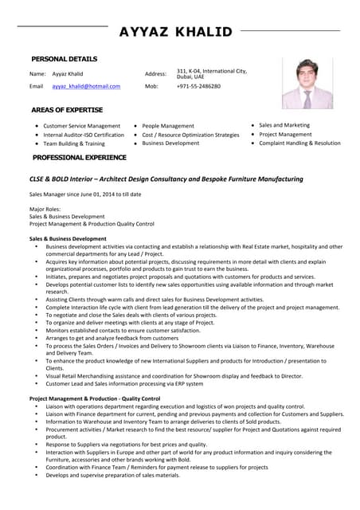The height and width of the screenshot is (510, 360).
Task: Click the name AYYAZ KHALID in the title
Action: pyautogui.click(x=175, y=32)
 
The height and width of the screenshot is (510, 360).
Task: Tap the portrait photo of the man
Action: pyautogui.click(x=307, y=83)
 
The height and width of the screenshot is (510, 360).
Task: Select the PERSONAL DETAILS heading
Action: pyautogui.click(x=64, y=59)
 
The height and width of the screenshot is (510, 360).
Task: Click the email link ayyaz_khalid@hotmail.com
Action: pyautogui.click(x=86, y=86)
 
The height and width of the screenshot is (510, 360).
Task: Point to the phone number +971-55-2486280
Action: pyautogui.click(x=198, y=86)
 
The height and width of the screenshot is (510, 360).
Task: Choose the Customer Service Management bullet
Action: pyautogui.click(x=81, y=126)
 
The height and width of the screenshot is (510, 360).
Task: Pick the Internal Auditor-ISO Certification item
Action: pyautogui.click(x=84, y=135)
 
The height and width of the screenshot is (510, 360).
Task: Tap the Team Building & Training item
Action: pyautogui.click(x=73, y=143)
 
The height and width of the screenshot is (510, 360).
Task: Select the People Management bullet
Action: pyautogui.click(x=168, y=126)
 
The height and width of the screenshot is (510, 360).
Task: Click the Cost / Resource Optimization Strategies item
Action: pyautogui.click(x=190, y=135)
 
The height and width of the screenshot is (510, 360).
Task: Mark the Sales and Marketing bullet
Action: pyautogui.click(x=284, y=125)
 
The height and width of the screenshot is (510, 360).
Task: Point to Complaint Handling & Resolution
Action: pyautogui.click(x=299, y=143)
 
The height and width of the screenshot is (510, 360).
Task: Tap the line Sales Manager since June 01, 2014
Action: pyautogui.click(x=85, y=194)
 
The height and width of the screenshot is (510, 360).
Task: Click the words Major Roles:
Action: pyautogui.click(x=45, y=209)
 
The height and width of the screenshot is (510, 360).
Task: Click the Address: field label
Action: pyautogui.click(x=155, y=73)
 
